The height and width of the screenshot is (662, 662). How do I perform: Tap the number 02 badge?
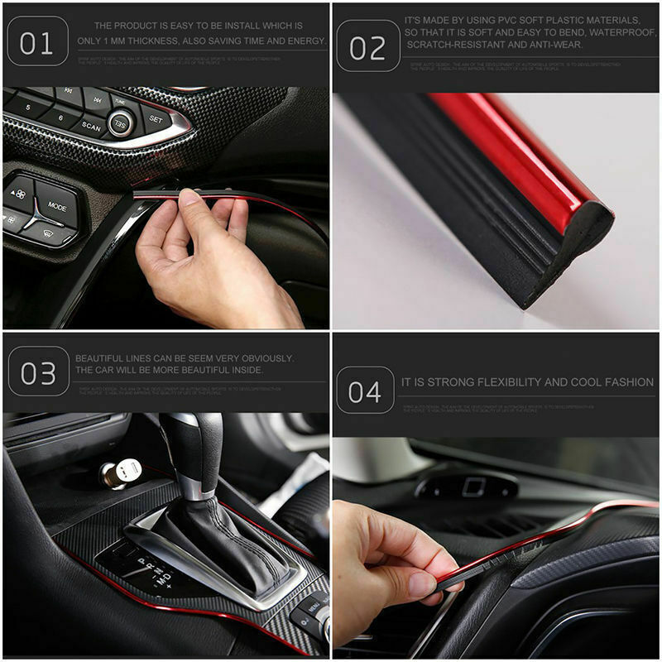pos(367,47)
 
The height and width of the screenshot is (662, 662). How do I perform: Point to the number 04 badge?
pos(365,391)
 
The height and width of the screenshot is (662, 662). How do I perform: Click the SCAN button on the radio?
pos(90,128)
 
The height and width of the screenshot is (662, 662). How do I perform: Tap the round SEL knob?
pos(121,124)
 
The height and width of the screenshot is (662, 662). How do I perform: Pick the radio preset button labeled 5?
pos(26,107)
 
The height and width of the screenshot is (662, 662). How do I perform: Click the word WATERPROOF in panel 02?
pos(607,33)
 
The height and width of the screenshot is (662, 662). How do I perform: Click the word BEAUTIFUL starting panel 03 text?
pos(101,358)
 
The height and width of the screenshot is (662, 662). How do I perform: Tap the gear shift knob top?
pos(191,439)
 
